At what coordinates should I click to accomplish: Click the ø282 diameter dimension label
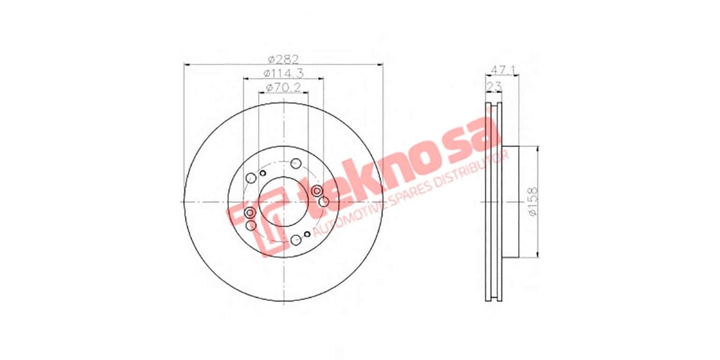[x=283, y=59]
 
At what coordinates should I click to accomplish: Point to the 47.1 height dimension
[x=502, y=69]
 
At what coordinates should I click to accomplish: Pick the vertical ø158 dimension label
[x=532, y=202]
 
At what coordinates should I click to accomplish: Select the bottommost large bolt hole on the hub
[x=295, y=241]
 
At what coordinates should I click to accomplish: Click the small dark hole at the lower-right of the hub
[x=307, y=233]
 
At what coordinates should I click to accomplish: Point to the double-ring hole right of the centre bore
[x=317, y=191]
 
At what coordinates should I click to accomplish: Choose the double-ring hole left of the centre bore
[x=250, y=213]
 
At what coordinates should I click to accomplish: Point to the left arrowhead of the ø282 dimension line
[x=186, y=64]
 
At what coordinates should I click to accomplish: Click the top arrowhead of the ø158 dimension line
[x=538, y=148]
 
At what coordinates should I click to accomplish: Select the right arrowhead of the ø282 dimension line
[x=380, y=64]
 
